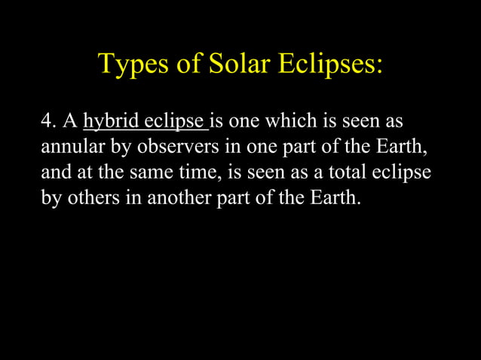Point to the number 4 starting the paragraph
pos(47,122)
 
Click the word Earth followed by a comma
pos(408,148)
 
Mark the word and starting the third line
pos(54,173)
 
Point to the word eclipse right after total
pos(403,173)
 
